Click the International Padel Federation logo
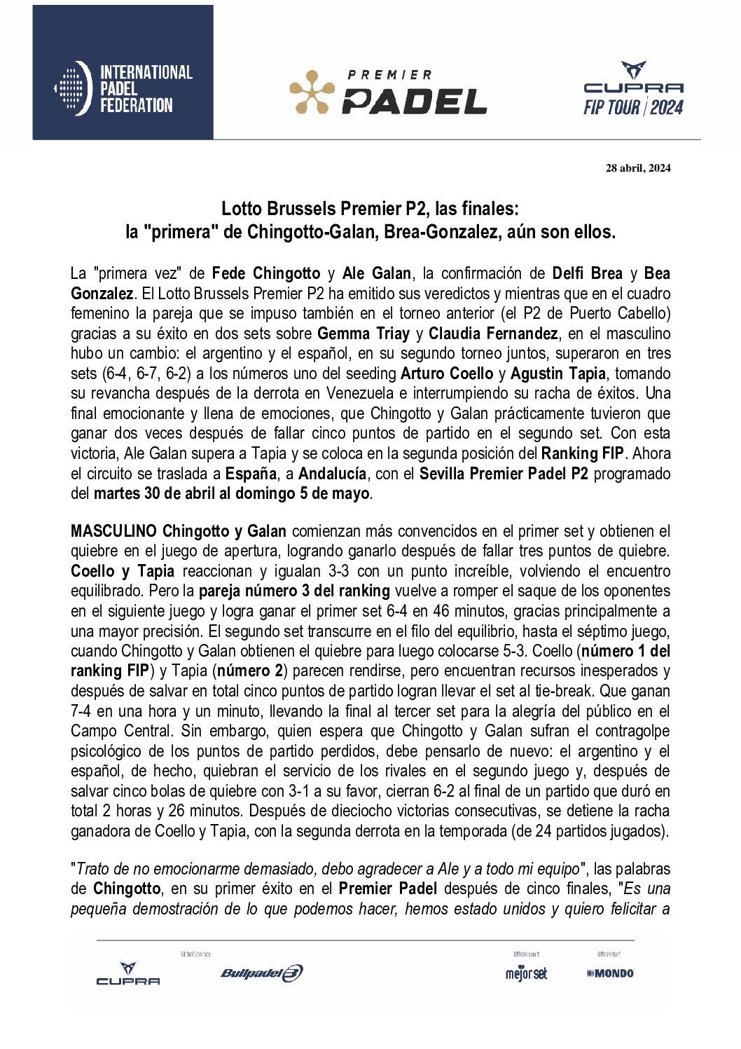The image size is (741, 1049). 123,88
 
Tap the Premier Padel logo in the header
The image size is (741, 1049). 388,92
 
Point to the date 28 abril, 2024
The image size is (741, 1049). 638,167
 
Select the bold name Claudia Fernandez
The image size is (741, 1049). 493,334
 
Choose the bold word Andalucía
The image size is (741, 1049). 333,474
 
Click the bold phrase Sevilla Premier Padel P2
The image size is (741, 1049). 504,474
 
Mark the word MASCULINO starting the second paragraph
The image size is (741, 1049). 113,531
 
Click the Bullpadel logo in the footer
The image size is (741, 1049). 262,973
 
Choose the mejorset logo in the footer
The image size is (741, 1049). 526,973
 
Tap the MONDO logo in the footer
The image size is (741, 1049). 610,973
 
